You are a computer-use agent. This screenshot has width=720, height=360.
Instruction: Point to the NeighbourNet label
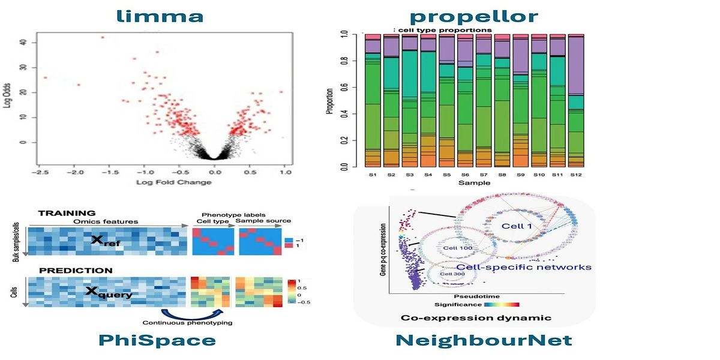[x=484, y=341]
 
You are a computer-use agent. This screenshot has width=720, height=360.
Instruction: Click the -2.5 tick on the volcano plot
[x=39, y=172]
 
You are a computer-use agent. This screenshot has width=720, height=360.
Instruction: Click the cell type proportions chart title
[x=443, y=30]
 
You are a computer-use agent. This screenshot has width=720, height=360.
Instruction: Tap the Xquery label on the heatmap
[x=109, y=294]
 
